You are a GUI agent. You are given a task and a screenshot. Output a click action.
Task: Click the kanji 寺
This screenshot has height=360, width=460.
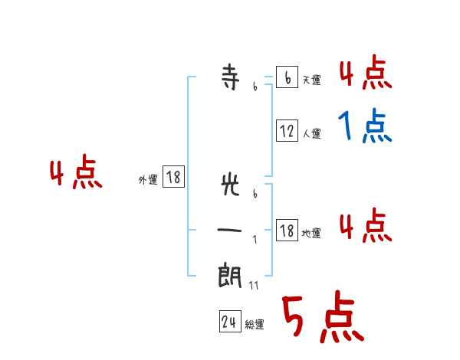click(x=231, y=79)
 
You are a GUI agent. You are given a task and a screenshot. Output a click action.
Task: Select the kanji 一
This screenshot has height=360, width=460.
click(x=231, y=229)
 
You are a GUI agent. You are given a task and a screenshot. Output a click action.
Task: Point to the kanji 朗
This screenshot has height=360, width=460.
click(x=231, y=275)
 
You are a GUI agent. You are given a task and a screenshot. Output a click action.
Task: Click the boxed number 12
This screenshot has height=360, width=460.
click(x=287, y=131)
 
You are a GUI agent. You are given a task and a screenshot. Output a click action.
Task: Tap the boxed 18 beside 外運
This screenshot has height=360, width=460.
click(x=173, y=178)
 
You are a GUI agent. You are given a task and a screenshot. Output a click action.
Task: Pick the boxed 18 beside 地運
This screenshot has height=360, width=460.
click(x=287, y=231)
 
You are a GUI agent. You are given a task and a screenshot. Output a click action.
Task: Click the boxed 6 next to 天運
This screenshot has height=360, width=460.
click(x=287, y=78)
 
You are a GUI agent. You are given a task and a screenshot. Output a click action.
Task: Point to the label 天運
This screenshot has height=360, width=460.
click(x=311, y=80)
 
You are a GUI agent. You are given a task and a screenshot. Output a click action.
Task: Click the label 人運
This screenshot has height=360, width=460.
click(x=311, y=133)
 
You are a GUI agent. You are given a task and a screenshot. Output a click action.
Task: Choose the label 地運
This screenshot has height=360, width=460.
click(x=311, y=233)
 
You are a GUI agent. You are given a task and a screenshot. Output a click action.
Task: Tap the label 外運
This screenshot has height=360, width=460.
click(x=148, y=180)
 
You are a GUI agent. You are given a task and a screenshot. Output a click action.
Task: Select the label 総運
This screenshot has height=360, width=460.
click(x=255, y=325)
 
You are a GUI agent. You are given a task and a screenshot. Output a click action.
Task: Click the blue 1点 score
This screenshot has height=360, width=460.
click(x=365, y=126)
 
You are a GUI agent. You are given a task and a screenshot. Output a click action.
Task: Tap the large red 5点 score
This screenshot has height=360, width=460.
click(x=322, y=319)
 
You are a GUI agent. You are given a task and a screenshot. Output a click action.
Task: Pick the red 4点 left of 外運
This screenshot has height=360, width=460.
click(x=76, y=174)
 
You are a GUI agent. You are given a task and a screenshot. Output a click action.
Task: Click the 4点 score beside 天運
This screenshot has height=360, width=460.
click(x=365, y=74)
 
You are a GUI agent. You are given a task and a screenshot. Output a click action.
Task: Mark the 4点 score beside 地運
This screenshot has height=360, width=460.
click(x=365, y=226)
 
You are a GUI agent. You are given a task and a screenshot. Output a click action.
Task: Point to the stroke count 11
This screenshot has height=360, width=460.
click(x=254, y=285)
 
